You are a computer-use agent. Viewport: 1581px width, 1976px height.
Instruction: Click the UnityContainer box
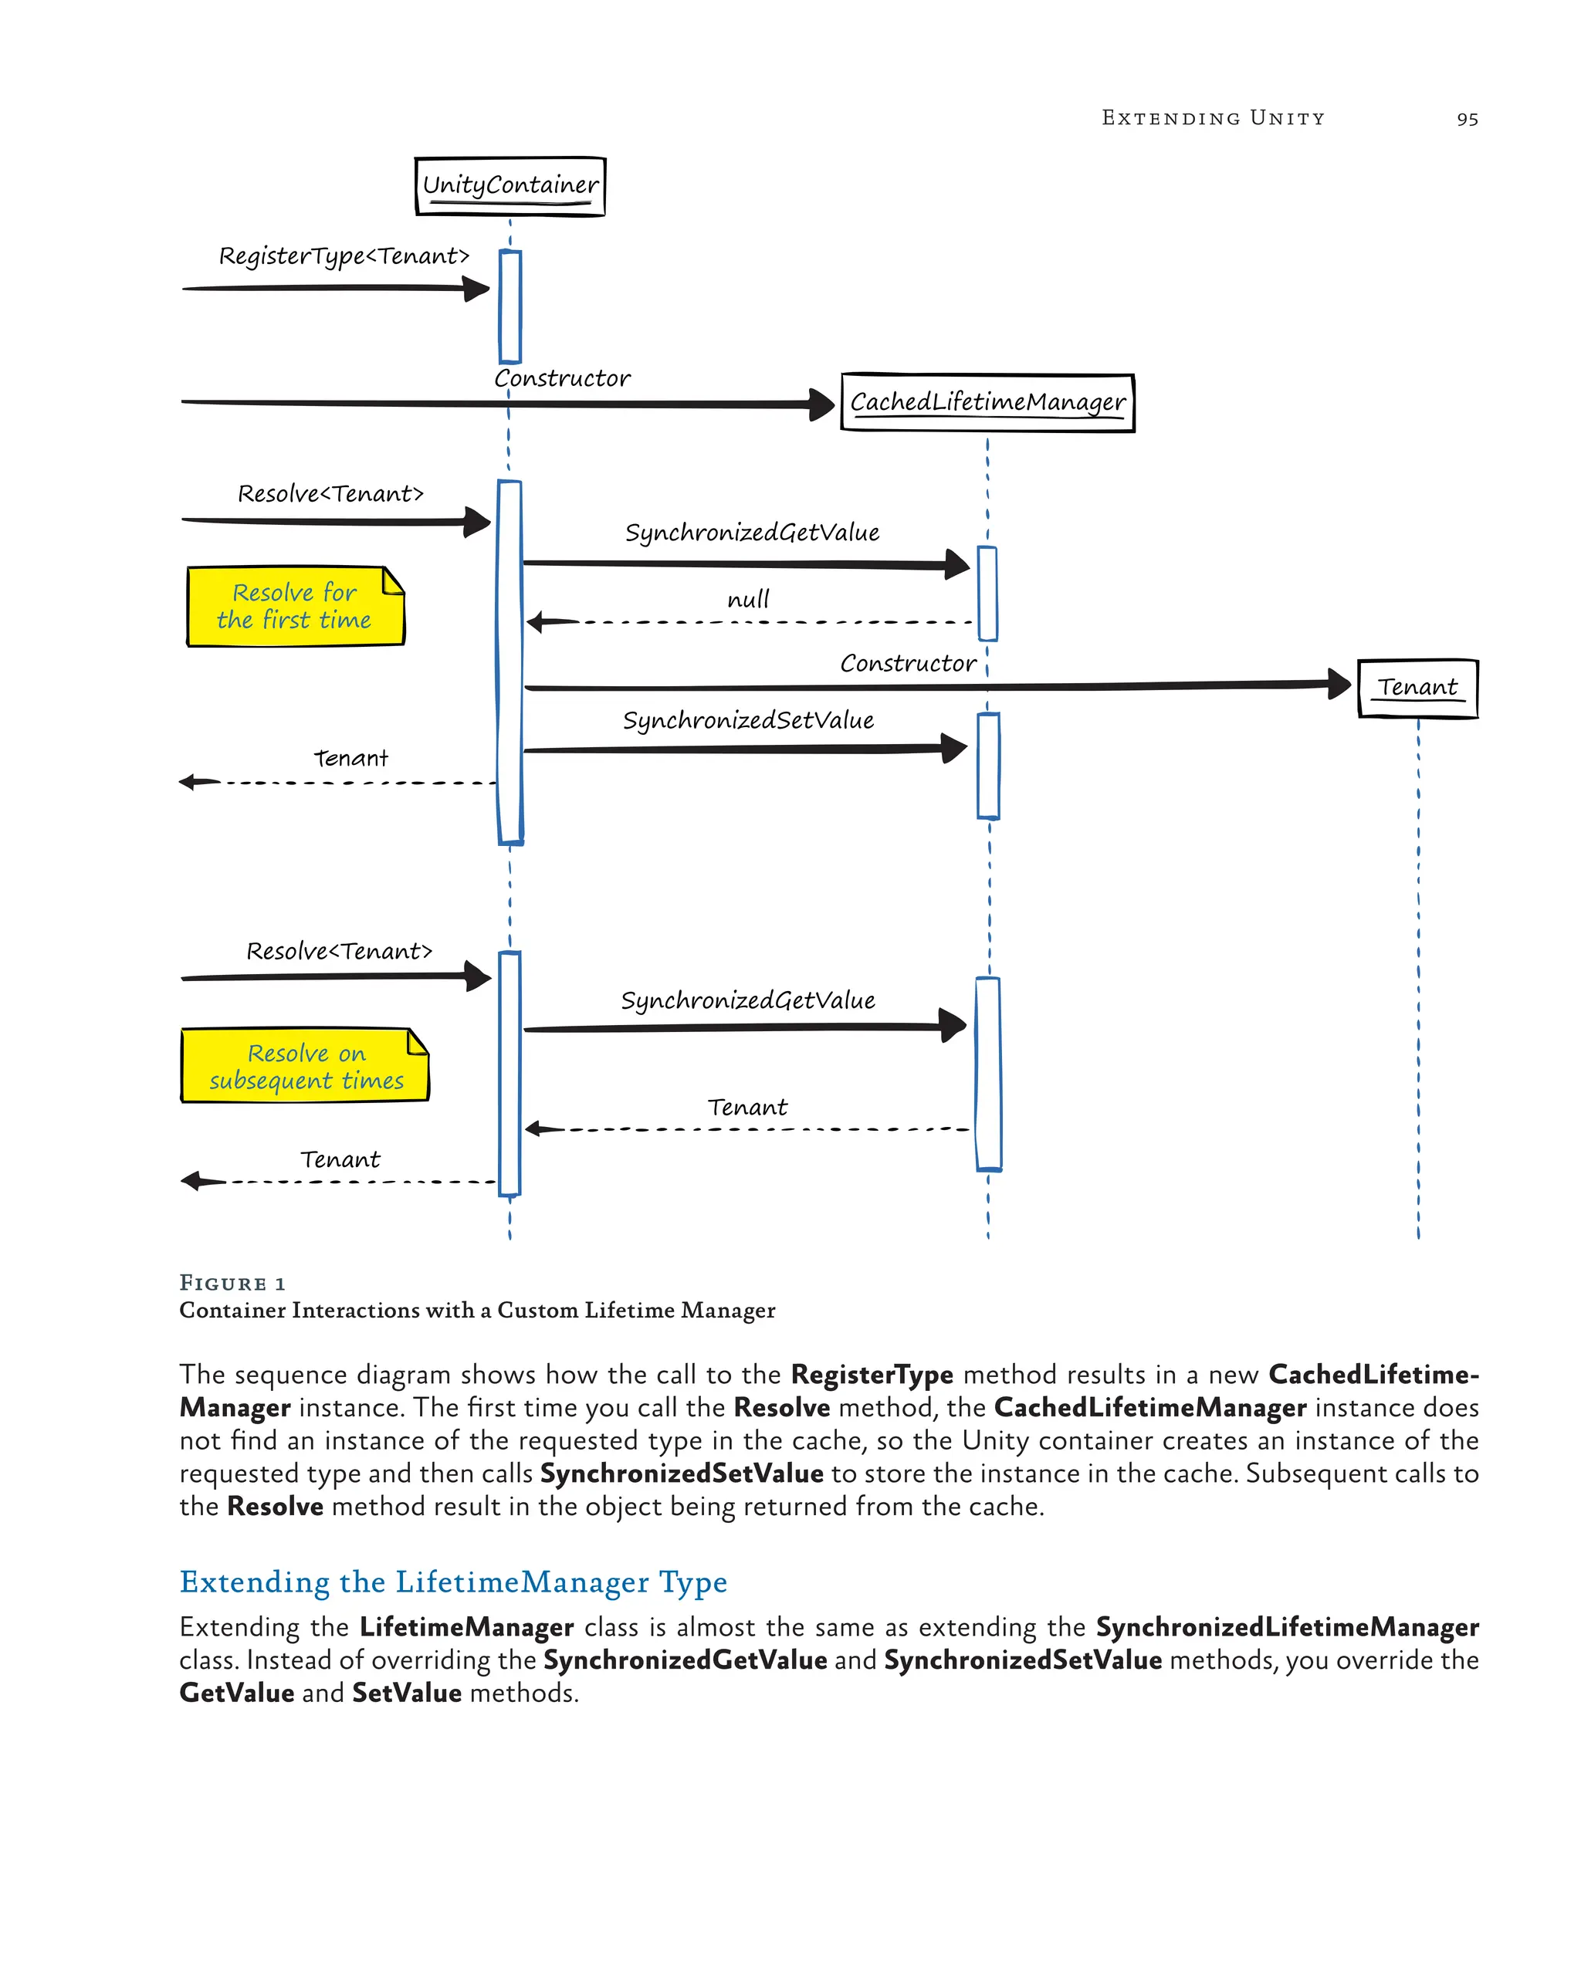click(510, 186)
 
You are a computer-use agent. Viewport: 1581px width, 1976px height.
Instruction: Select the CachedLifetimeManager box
click(987, 402)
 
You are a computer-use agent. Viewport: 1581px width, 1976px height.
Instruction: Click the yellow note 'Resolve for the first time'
click(294, 607)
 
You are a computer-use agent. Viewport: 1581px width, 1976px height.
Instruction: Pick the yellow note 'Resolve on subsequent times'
click(304, 1066)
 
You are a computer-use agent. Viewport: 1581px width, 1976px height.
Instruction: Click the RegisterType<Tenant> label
click(344, 255)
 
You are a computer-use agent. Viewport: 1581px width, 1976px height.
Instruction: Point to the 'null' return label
click(748, 601)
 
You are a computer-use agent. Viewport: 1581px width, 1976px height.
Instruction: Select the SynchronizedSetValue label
click(748, 720)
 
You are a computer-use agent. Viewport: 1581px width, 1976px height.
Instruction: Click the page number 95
click(1467, 119)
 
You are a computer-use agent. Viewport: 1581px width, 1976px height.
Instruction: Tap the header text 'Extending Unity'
click(1213, 118)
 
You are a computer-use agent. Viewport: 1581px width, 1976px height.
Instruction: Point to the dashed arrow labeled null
click(752, 622)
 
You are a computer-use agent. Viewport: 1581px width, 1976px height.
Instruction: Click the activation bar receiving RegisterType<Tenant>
click(510, 307)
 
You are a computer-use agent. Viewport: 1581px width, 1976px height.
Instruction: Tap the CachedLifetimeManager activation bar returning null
click(987, 593)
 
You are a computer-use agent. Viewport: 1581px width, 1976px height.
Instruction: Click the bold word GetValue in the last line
click(236, 1693)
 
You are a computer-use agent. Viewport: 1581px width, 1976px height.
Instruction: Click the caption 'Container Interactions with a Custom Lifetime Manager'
click(476, 1311)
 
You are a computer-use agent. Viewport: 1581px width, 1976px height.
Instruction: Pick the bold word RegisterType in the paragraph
click(872, 1375)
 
